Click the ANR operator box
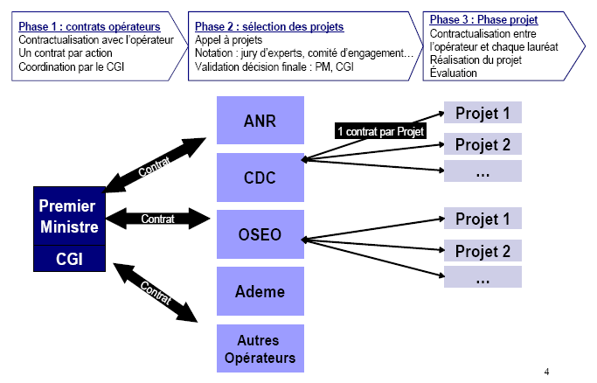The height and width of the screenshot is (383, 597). coord(260,122)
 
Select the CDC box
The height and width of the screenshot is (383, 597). coord(260,178)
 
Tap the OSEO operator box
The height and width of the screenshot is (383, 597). coord(260,235)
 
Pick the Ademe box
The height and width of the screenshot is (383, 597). coord(260,291)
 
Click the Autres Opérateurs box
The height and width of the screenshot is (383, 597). coord(260,348)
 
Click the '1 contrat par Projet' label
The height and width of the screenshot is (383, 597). coord(381,131)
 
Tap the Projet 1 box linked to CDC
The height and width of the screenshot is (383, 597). coord(482,113)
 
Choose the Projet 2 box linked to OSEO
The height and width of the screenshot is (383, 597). coord(482,251)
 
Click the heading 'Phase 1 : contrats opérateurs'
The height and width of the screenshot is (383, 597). coord(89,26)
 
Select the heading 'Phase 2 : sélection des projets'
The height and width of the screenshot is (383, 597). coord(269,26)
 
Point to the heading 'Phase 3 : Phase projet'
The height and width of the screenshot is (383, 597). coord(484,19)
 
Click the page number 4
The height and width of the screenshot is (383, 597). coord(546,372)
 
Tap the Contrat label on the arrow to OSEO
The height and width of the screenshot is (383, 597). coord(157,219)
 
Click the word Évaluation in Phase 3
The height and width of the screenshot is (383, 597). coord(454,73)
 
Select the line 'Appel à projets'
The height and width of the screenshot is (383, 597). coord(229,40)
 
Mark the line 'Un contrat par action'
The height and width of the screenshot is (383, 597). coord(66,53)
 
